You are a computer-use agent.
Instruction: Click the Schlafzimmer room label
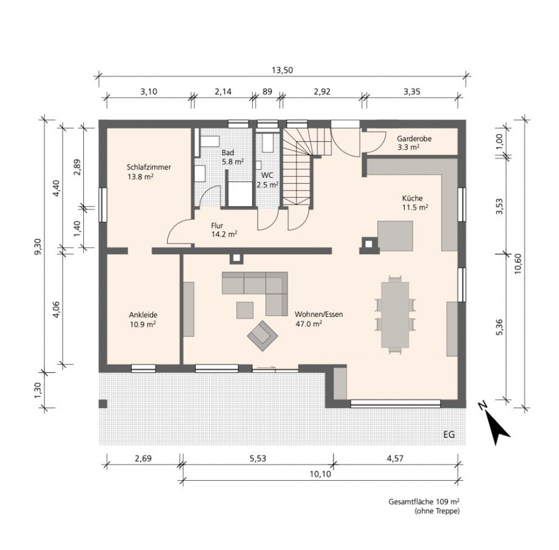pos(149,167)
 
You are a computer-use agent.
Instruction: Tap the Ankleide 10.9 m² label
pos(143,319)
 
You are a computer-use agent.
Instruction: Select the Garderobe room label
pos(414,138)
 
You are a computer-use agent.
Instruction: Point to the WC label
pos(267,175)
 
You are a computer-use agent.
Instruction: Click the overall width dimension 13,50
pos(282,70)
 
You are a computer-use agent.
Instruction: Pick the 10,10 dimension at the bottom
pos(320,474)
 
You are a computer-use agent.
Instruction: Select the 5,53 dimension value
pos(258,458)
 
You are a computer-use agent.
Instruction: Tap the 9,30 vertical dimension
pos(38,246)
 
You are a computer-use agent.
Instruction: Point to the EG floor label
pos(449,435)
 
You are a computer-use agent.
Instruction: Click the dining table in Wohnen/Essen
pos(395,314)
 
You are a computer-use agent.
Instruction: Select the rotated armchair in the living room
pos(263,336)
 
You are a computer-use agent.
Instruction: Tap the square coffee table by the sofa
pos(245,310)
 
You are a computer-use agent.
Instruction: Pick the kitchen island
pos(395,236)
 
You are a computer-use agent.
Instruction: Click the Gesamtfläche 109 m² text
pos(424,502)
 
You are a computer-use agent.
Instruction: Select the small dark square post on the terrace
pos(103,404)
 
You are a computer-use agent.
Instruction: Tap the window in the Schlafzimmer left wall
pos(103,205)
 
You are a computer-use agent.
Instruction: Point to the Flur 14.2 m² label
pos(224,230)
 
